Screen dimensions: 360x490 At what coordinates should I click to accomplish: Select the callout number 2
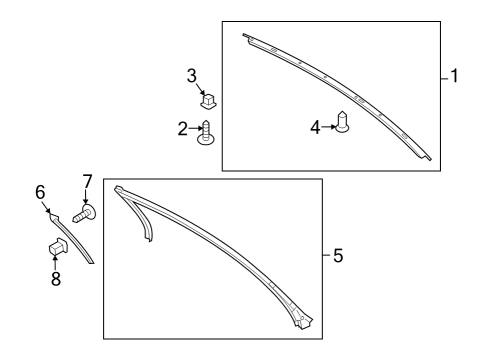pos(183,128)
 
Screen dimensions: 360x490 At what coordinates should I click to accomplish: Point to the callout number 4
pos(315,127)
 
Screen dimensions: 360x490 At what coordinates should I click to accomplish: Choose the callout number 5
pos(338,256)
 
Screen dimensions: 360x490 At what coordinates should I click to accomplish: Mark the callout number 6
pos(41,191)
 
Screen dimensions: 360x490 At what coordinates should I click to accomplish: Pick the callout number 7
pos(87,181)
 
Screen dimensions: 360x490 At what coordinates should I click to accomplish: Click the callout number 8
pos(55,279)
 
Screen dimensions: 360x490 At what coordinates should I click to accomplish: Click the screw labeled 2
pos(205,132)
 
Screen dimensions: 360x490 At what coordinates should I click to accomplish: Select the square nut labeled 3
pos(209,100)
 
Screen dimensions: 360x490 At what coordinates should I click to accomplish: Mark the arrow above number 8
pos(55,262)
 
